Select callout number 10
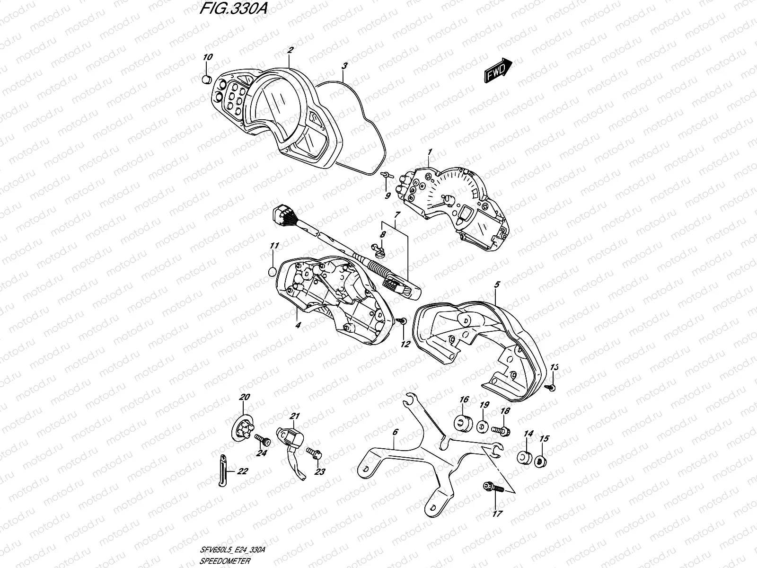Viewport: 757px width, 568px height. point(207,57)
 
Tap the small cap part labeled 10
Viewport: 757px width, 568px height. point(206,79)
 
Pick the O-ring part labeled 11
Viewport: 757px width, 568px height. point(272,272)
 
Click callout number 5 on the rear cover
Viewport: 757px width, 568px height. point(497,285)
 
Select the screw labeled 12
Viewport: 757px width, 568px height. point(402,321)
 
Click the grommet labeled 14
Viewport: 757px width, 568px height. point(523,457)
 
